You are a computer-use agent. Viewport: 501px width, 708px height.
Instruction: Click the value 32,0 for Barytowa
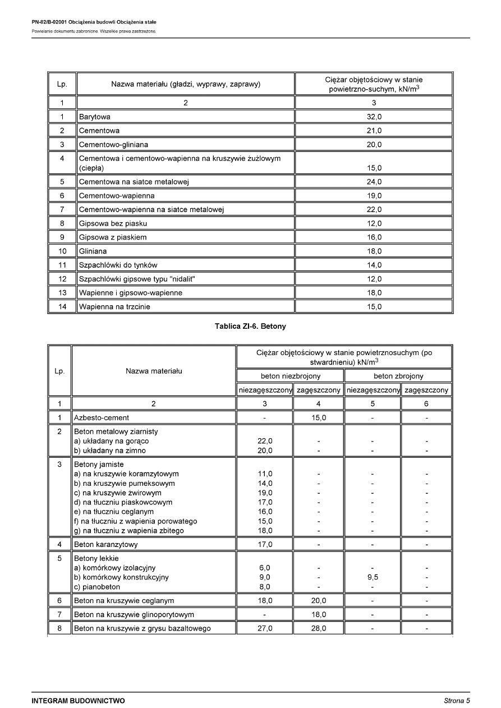tap(374, 117)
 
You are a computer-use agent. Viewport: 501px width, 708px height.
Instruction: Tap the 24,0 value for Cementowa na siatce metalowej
tap(374, 182)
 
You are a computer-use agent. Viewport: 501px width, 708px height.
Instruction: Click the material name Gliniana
tap(93, 251)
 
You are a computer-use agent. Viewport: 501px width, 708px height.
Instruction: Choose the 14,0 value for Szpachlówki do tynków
tap(374, 265)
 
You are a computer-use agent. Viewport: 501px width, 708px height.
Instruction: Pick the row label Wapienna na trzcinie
tap(114, 306)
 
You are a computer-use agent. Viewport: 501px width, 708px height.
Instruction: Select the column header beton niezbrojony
tap(291, 376)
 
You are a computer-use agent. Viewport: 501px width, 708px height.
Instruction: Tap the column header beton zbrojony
tap(398, 376)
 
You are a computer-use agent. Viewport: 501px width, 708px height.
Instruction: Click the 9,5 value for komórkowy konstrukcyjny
tap(373, 577)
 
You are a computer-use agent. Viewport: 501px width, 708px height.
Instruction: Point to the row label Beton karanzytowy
tap(106, 544)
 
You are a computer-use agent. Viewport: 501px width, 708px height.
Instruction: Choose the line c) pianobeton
tap(98, 587)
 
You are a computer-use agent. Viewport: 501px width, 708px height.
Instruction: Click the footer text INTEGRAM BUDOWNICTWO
tap(78, 701)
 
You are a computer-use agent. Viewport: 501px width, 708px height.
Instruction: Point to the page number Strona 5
tap(457, 701)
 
